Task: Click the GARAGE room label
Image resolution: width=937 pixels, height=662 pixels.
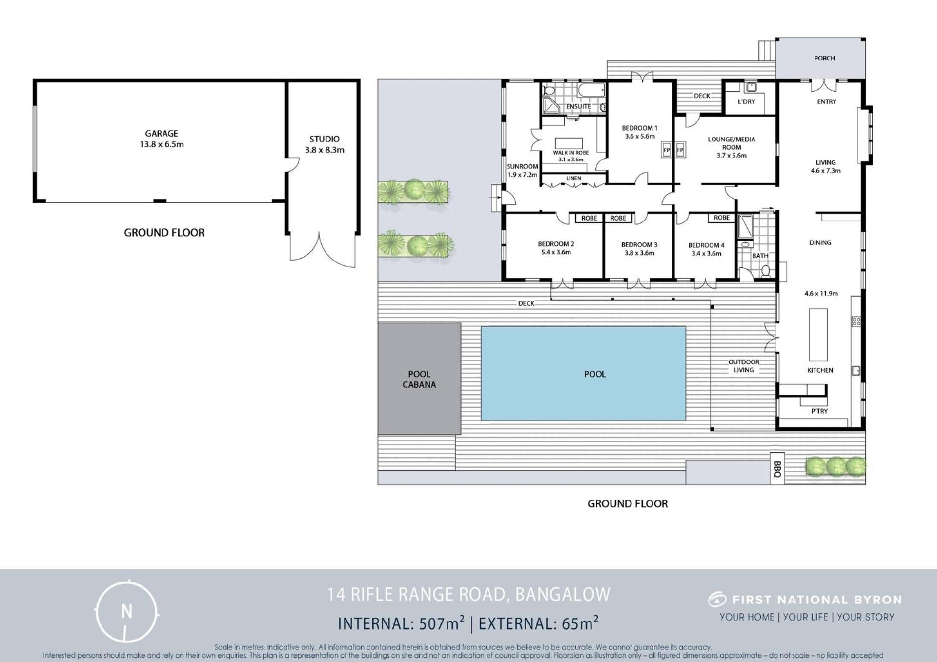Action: coord(162,133)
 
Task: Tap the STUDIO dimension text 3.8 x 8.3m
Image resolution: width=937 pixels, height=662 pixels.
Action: coord(325,150)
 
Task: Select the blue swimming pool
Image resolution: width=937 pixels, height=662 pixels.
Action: coord(583,373)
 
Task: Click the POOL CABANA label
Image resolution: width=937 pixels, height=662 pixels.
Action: coord(419,379)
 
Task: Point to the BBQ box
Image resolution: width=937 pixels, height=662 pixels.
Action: coord(777,468)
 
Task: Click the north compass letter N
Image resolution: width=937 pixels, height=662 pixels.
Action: coord(127,611)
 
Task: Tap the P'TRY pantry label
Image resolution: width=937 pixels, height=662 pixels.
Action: coord(819,411)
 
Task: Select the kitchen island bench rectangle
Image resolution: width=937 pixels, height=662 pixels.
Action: coord(818,335)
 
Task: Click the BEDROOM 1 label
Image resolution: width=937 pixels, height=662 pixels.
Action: coord(639,128)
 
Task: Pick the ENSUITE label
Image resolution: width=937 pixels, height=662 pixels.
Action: coord(578,106)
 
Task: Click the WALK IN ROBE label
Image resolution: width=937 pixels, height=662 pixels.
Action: coord(570,153)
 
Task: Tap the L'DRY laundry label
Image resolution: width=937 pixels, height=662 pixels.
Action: coord(746,101)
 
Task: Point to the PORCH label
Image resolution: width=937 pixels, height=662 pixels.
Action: coord(824,58)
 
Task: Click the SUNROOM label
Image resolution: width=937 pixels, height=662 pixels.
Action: coord(522,166)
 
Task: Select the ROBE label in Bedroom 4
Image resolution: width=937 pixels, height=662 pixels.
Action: coord(722,218)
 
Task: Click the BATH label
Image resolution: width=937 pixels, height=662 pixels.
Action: coord(760,256)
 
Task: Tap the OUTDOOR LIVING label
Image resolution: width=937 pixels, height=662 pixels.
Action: coord(744,366)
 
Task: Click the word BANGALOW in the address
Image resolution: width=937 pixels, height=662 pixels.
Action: coord(563,594)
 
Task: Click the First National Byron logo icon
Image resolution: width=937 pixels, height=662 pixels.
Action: coord(717,599)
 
